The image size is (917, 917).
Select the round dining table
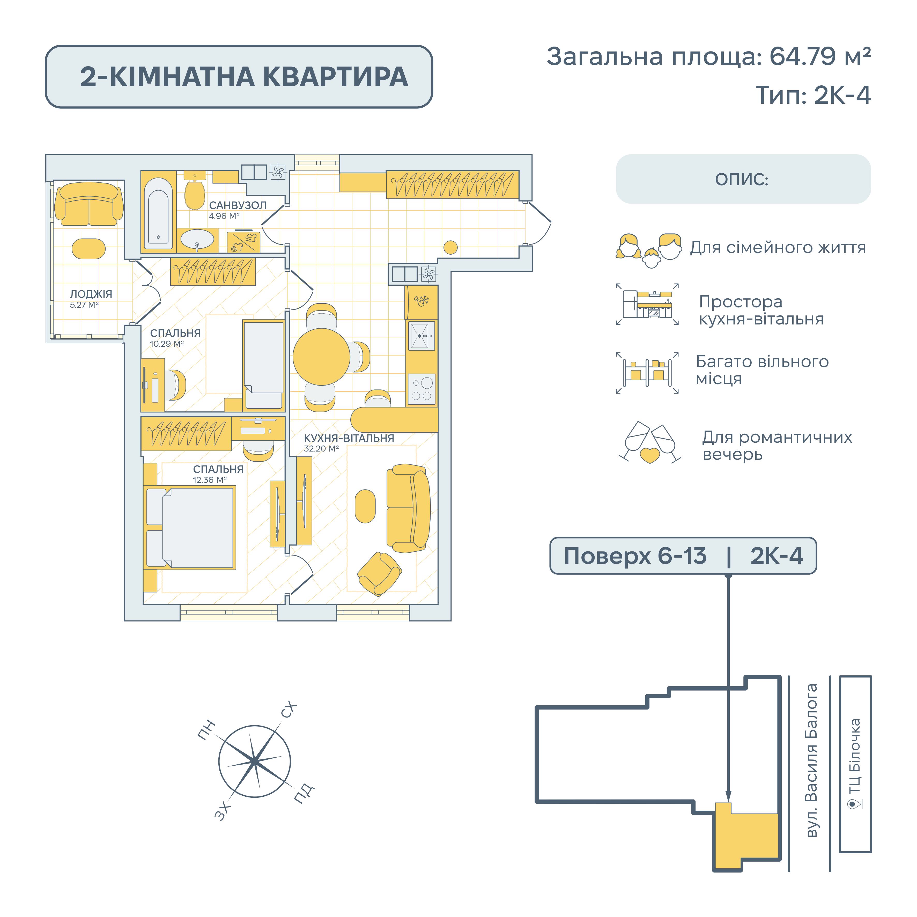click(321, 357)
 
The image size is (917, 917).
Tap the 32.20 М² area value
click(321, 448)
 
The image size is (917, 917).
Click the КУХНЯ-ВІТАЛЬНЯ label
click(349, 438)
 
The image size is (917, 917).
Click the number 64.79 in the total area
click(802, 56)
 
